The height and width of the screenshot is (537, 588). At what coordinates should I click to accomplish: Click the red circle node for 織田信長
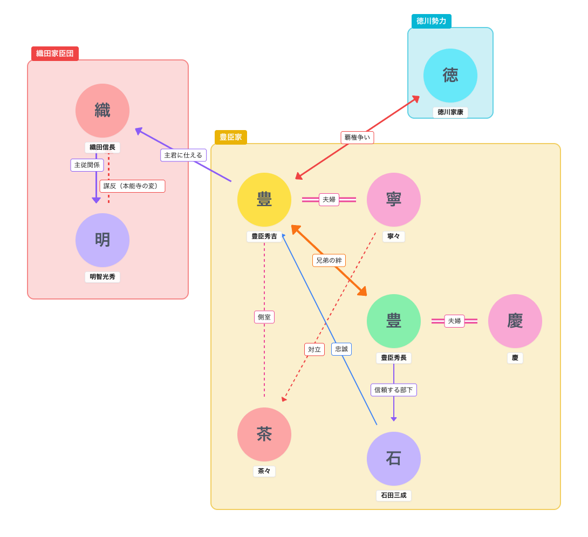coord(102,111)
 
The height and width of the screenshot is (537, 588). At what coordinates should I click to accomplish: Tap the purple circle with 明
coord(102,240)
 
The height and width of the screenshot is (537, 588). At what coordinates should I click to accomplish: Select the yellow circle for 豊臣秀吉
coord(264,200)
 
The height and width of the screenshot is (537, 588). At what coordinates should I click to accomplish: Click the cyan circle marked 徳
coord(450,76)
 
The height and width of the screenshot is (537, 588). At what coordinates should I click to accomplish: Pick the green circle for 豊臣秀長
coord(394,321)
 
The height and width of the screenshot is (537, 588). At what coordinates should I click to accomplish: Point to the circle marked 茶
coord(264,434)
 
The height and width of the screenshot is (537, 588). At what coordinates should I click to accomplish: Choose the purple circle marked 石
coord(394,459)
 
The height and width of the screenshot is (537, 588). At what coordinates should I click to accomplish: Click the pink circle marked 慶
coord(515,321)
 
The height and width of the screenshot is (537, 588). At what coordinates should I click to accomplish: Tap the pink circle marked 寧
coord(394,200)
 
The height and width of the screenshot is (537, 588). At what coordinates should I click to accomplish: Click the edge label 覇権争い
coord(357,138)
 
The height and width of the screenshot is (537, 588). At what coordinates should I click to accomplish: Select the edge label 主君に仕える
coord(183,155)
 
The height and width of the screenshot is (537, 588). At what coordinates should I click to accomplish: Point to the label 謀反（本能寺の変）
coord(132,186)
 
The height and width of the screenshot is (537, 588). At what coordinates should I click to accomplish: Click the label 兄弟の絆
coord(329,261)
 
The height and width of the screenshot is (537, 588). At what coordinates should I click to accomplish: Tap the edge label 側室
coord(264,317)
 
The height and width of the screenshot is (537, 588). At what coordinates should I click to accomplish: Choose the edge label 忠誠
coord(341,349)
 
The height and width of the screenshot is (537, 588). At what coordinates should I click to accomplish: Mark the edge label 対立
coord(314,350)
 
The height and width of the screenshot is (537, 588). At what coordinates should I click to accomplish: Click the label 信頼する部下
coord(394,390)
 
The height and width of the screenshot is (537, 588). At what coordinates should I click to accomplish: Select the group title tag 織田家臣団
coord(55,54)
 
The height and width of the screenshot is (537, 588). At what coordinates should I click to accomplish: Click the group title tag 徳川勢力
coord(432,22)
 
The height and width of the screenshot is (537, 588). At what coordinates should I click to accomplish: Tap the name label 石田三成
coord(394,495)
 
